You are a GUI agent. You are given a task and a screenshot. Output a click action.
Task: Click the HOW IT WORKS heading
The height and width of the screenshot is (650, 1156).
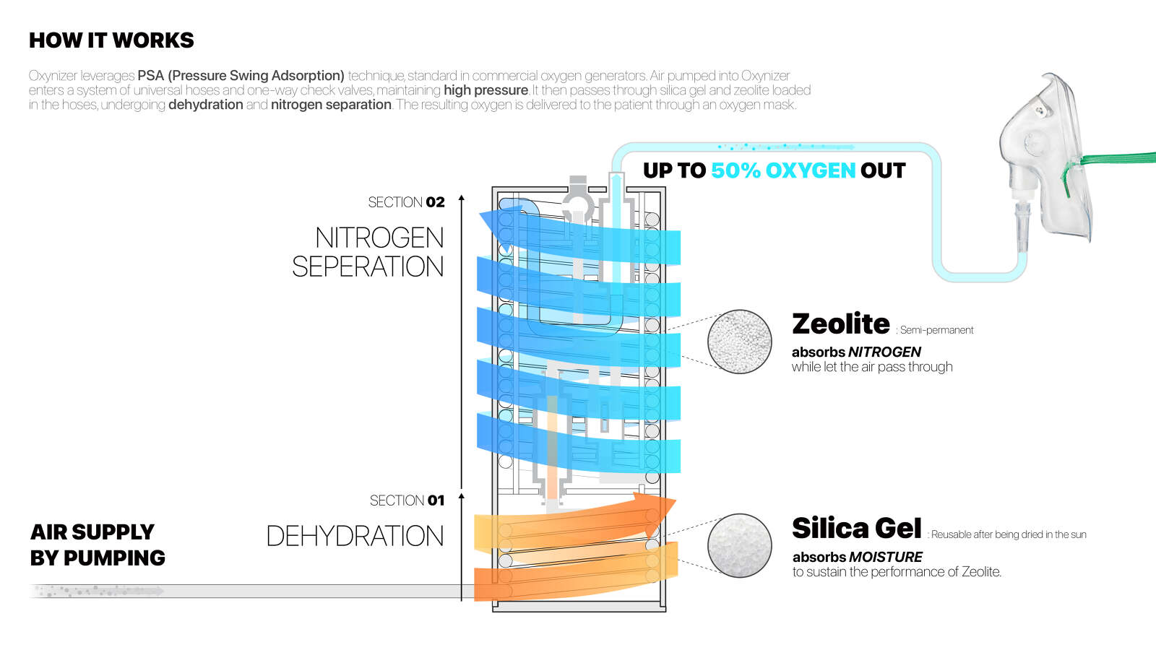pos(111,40)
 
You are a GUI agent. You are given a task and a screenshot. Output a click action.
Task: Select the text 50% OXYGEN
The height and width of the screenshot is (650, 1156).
pos(783,170)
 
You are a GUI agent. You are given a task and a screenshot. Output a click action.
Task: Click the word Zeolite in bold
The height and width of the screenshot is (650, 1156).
pos(841,324)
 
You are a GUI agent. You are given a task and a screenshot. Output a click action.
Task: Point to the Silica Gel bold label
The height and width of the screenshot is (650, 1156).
pos(857,529)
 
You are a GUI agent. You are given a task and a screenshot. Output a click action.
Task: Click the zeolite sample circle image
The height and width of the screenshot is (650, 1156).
pos(739,342)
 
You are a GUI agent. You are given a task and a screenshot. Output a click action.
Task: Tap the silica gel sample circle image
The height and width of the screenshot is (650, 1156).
pos(739,545)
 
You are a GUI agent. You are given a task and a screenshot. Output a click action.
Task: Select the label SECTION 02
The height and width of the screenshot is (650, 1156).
pos(406,202)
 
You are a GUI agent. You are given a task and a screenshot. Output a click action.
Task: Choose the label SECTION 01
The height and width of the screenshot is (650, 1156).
pos(407,500)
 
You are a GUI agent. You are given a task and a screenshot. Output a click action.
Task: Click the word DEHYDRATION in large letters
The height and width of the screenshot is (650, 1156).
pos(355,536)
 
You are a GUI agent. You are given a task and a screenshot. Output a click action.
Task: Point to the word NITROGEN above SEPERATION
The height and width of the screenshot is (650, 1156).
pos(379,238)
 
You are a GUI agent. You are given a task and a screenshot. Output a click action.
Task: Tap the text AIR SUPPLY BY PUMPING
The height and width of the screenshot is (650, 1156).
pos(98,545)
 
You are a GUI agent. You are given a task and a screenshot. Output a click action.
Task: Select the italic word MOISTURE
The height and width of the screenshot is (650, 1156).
pos(886,557)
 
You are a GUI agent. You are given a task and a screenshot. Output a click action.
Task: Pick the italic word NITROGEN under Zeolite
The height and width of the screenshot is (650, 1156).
pos(884,352)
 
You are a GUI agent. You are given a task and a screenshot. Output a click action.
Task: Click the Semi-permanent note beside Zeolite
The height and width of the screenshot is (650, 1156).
pos(936,330)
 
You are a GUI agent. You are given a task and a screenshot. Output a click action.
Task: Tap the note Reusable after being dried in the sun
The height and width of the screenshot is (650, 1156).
pos(1009,534)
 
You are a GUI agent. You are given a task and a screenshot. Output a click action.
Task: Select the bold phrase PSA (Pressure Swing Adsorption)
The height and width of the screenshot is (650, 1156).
pos(241,75)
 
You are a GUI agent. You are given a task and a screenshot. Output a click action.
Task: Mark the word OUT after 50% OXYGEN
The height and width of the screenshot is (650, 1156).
pos(882,170)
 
